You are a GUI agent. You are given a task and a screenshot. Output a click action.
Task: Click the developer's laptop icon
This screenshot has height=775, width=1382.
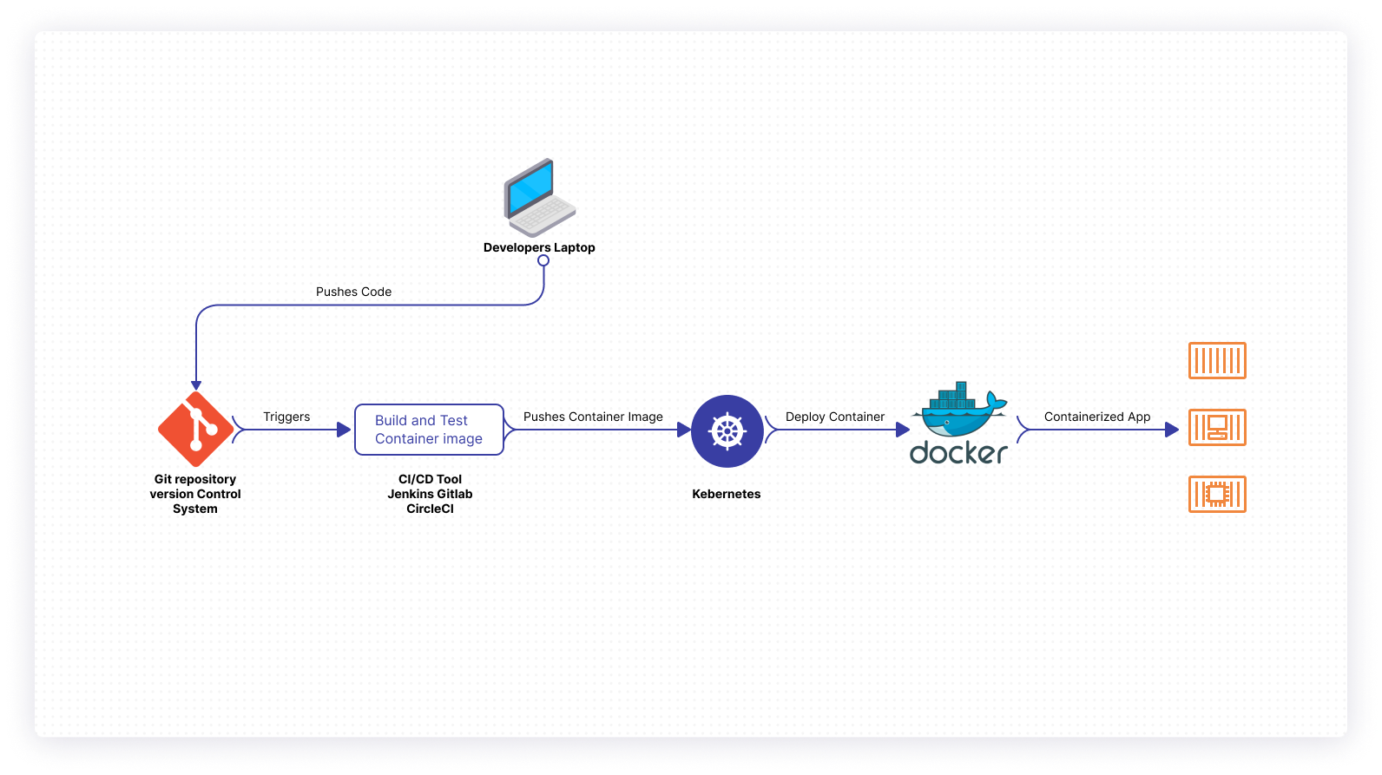point(539,198)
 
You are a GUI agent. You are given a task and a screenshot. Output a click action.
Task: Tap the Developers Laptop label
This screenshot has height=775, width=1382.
point(539,247)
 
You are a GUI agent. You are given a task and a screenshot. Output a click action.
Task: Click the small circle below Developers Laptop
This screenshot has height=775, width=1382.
point(543,260)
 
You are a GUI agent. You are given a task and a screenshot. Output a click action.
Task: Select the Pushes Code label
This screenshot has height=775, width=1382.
point(353,292)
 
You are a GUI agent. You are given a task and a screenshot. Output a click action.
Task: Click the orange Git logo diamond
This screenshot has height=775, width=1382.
point(196,430)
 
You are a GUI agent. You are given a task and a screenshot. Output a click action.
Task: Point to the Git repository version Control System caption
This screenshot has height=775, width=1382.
point(195,494)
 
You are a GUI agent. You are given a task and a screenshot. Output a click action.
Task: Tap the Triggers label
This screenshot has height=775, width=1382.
point(286,417)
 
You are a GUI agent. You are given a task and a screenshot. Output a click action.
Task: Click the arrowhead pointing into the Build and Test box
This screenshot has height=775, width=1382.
point(344,430)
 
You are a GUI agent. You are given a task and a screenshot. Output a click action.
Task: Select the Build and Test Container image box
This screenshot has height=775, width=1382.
point(429,430)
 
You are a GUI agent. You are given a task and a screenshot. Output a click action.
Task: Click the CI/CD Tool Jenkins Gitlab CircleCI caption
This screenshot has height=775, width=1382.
point(430,494)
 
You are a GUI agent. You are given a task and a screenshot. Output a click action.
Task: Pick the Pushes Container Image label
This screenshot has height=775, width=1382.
point(593,417)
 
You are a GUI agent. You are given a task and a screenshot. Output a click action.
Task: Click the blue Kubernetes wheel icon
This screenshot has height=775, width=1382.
point(727,431)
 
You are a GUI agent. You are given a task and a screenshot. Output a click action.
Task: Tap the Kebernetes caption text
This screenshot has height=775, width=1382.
point(727,494)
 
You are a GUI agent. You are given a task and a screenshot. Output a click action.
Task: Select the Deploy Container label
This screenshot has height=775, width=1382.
point(835,417)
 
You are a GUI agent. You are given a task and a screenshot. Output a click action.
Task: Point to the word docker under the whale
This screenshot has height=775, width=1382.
point(958,452)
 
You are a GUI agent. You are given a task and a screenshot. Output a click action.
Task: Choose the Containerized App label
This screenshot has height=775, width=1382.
point(1097,417)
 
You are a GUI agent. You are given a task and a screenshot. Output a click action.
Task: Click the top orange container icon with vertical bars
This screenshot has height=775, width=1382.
point(1217,360)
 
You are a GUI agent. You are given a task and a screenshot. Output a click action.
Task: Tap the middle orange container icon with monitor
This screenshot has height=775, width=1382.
point(1217,427)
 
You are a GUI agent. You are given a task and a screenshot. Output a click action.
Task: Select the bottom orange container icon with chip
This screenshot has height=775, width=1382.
point(1217,494)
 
